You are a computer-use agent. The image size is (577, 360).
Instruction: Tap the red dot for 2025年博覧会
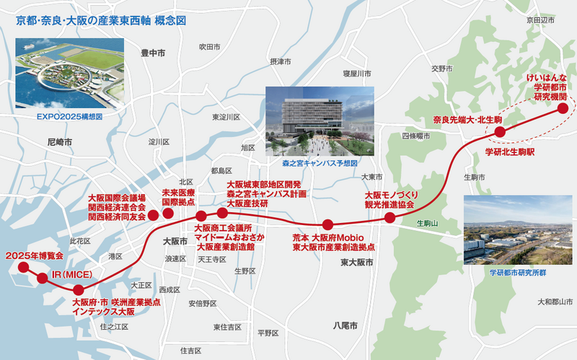click(23, 267)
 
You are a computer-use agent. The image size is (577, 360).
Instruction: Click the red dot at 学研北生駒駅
click(500, 131)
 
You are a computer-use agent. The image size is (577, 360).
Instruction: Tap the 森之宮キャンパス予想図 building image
click(320, 120)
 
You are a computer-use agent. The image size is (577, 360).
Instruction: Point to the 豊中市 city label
click(154, 53)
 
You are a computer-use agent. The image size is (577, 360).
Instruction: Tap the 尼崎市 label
click(59, 143)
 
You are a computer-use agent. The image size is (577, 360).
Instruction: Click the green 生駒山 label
click(427, 224)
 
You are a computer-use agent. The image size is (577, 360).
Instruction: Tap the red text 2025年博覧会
click(35, 255)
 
